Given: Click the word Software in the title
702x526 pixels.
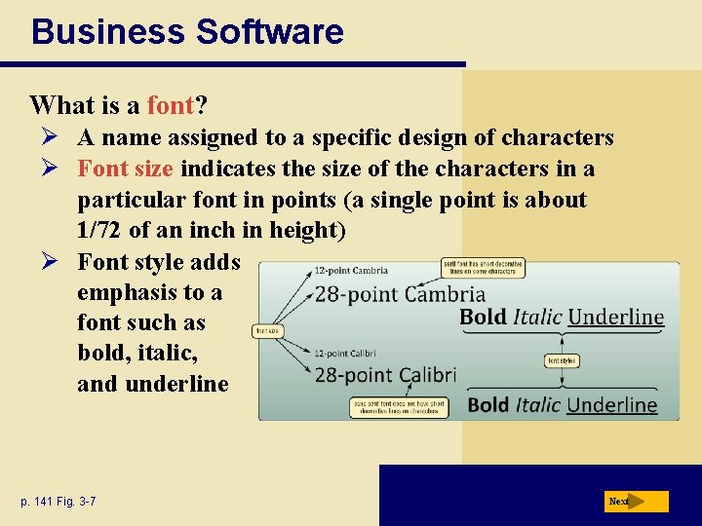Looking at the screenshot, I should click(270, 31).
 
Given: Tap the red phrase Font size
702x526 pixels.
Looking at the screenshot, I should click(126, 169).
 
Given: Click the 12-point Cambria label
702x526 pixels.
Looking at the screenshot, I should click(351, 270).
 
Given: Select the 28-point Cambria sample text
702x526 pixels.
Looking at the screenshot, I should click(400, 293).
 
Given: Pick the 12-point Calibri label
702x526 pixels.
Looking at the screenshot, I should click(345, 353).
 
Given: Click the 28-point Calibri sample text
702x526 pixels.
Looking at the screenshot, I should click(385, 375).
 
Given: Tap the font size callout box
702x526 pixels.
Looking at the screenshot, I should click(267, 331).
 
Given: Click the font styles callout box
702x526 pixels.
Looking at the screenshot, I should click(562, 360).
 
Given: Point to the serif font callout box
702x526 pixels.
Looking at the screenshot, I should click(484, 267).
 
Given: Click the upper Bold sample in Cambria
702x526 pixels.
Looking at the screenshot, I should click(483, 317).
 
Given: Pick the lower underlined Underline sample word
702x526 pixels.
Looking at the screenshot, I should click(612, 404).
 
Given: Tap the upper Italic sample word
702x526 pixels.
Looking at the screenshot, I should click(537, 317).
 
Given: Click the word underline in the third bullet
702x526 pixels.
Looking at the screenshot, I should click(179, 384).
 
